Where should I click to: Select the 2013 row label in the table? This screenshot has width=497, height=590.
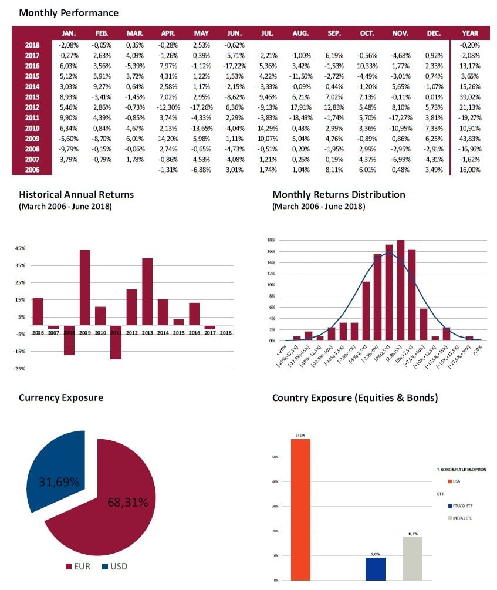coord(33,97)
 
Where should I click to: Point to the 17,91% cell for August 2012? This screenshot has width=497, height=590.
coord(302,107)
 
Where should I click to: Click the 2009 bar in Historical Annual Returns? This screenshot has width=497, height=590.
coord(84,287)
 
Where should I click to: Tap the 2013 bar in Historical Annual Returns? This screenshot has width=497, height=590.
coord(147,291)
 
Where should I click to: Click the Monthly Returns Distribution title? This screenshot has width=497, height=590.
coord(339,194)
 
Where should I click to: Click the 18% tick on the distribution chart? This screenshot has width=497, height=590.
coord(272,240)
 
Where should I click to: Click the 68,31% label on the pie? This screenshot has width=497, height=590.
coord(127,502)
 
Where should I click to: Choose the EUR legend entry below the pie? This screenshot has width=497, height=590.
coord(78,567)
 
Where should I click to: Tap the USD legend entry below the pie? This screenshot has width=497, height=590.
coord(115,567)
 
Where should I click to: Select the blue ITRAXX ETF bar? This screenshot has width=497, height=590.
coord(375,569)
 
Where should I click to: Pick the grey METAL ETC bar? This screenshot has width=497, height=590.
coord(413,558)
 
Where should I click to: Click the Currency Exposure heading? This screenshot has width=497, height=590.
coord(60,397)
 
